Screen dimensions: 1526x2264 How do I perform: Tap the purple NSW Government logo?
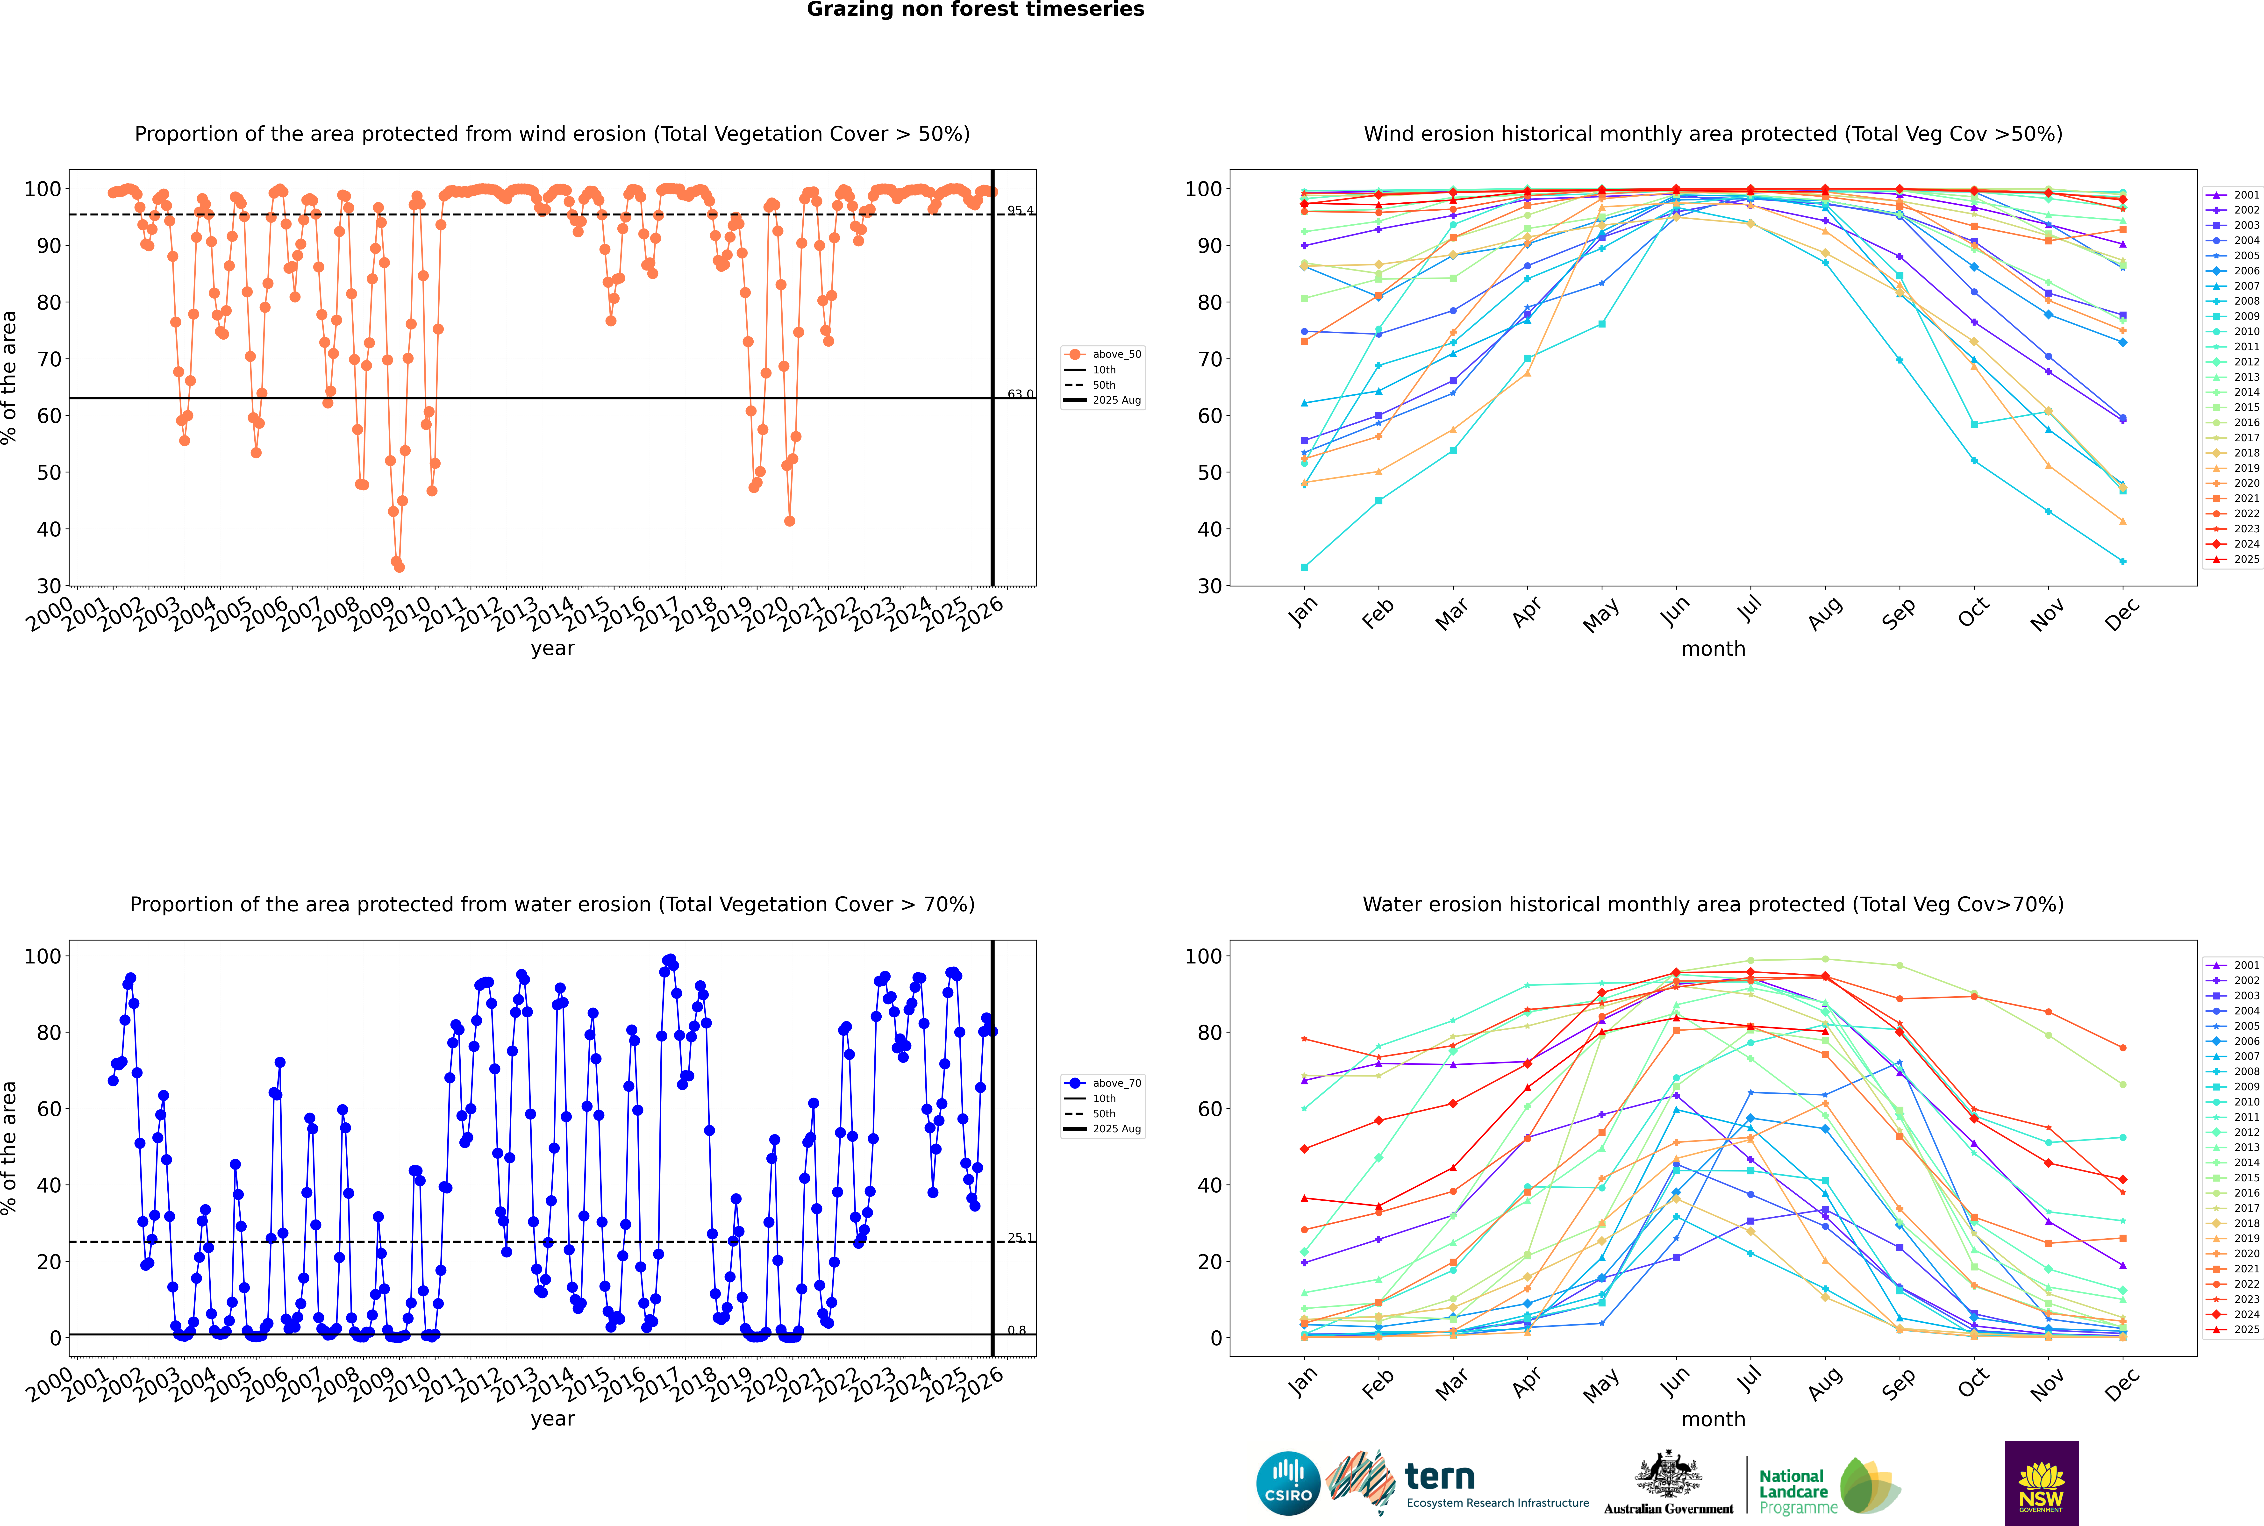2041,1482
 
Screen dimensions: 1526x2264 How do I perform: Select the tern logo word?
1440,1477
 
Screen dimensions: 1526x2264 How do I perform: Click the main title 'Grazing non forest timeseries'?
975,10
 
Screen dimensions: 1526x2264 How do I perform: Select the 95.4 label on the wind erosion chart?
1020,210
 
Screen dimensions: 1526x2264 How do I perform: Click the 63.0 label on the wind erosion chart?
1020,394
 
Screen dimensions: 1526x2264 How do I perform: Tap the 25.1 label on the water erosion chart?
1020,1238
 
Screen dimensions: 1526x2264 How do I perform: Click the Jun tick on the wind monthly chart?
1675,611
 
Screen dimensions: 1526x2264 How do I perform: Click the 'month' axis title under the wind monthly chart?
1713,649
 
